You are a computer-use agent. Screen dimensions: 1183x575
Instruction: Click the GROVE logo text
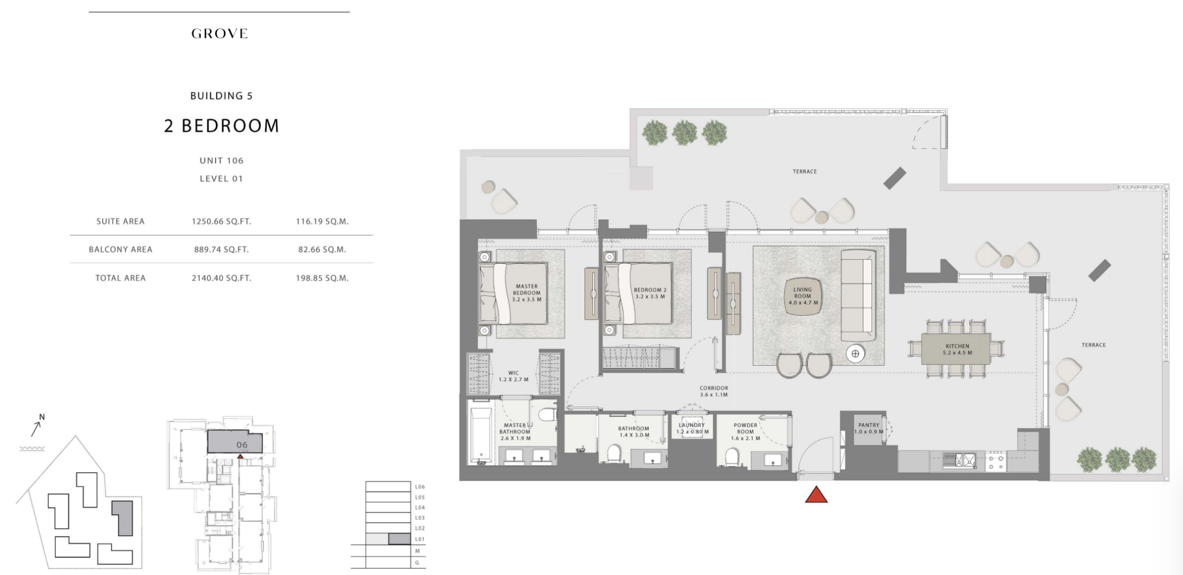220,34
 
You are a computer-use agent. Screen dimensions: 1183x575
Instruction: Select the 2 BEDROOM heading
222,126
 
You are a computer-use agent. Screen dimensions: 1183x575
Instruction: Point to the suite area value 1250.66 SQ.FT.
222,221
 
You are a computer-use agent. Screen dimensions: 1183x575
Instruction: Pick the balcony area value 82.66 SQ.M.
322,249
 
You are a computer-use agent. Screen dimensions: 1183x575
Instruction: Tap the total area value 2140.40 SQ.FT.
222,278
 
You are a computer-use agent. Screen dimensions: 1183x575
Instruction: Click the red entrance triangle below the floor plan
816,495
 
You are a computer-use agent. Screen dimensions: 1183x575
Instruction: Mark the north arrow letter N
42,417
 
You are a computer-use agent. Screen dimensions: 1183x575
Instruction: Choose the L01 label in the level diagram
420,539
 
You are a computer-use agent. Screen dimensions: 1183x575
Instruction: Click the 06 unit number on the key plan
242,445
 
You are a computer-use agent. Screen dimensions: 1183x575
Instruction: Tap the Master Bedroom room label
526,293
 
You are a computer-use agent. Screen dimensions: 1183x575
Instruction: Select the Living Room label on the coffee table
803,296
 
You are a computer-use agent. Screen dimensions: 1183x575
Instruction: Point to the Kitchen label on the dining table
958,349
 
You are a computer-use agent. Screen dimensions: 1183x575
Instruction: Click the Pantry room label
869,428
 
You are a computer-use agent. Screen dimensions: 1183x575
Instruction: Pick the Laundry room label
692,429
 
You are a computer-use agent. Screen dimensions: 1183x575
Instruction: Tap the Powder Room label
746,432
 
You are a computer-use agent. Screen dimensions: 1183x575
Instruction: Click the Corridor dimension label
714,392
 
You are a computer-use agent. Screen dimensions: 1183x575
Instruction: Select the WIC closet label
514,376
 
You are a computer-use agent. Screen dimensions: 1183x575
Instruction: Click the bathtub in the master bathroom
482,433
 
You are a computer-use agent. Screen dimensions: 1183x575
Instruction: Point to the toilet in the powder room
732,456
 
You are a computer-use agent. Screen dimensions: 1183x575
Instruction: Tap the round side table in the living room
855,354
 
